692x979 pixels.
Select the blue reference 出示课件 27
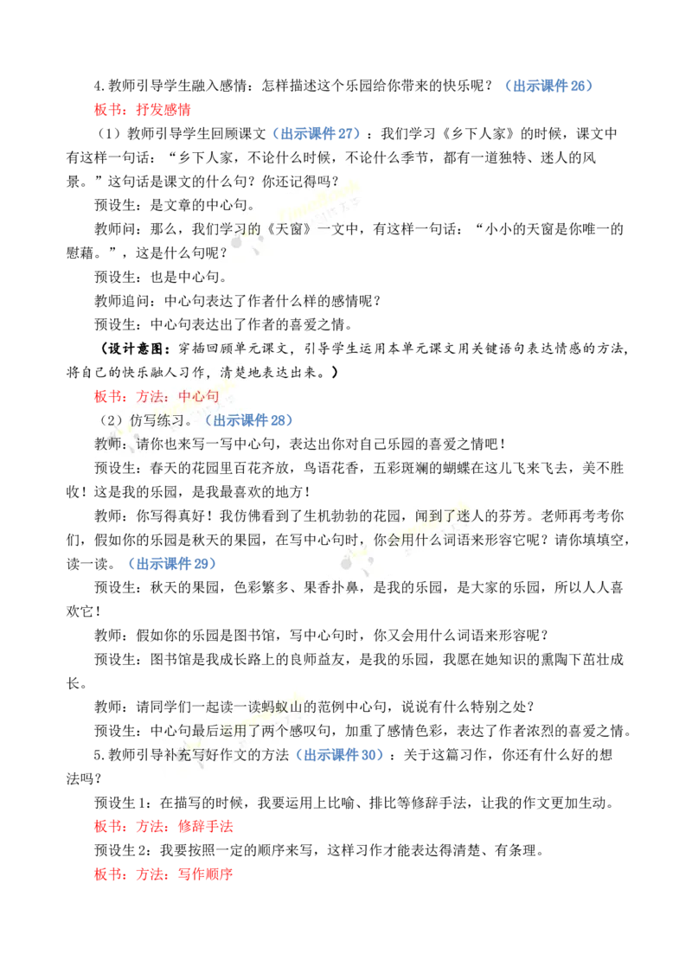coord(317,133)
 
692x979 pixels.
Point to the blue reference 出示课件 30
coord(340,755)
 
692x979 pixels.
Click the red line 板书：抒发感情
coord(143,110)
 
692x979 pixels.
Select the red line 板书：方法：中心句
coord(157,396)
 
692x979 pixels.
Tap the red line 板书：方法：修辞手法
coord(163,827)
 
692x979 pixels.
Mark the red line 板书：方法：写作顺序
coord(163,874)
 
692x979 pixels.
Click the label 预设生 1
coord(123,803)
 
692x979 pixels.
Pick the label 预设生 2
coord(123,850)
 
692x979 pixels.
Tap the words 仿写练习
coord(157,420)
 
